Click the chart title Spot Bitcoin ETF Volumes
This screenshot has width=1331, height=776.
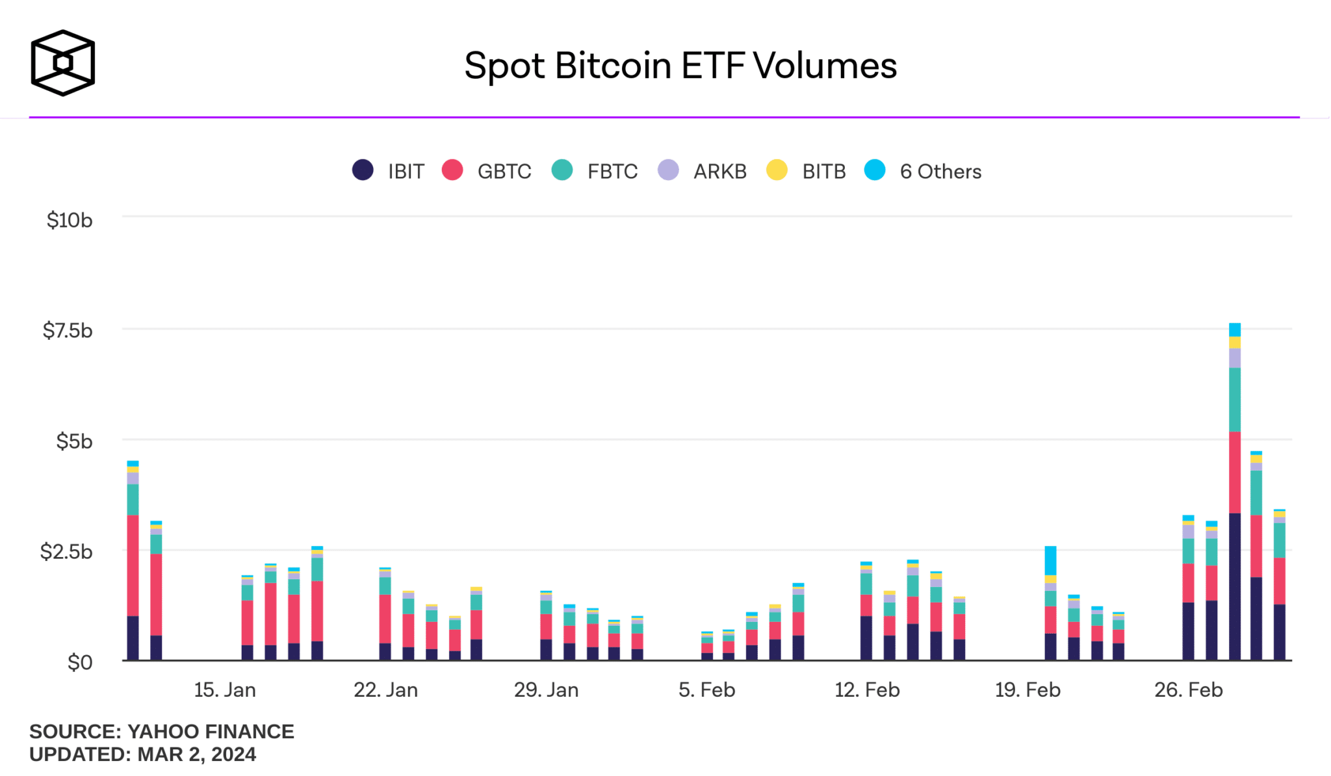tap(680, 66)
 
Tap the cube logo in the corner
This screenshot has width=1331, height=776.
tap(63, 63)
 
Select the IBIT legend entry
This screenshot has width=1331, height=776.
tap(388, 171)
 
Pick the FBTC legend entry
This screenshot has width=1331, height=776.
tap(595, 171)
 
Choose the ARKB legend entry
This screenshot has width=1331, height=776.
tap(702, 171)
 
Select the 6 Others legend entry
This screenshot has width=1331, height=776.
tap(923, 171)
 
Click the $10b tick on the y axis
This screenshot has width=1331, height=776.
tap(70, 220)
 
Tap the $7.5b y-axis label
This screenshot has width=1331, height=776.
tap(68, 331)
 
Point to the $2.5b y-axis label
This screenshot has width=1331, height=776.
tap(66, 552)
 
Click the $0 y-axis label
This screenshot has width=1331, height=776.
tap(80, 662)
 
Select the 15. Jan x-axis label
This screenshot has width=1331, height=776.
tap(225, 690)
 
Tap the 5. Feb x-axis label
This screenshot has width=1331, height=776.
tap(706, 690)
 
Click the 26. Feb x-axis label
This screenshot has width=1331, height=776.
tap(1188, 690)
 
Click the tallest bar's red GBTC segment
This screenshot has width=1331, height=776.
tap(1235, 472)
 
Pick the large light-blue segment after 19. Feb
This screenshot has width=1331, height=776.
tap(1050, 560)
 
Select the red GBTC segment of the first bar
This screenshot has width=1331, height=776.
tap(133, 565)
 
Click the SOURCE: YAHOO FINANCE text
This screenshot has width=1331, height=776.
tap(162, 731)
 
